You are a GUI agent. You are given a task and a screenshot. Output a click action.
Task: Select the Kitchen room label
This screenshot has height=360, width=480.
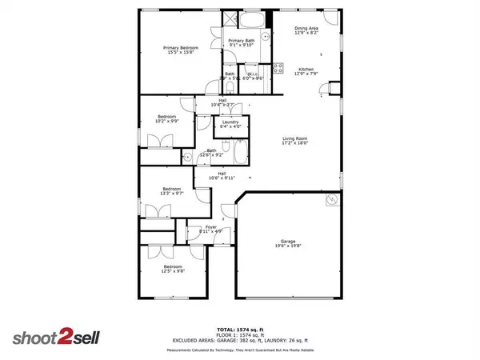pos(306,72)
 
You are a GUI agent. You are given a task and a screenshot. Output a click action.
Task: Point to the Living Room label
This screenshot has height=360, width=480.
pos(294,141)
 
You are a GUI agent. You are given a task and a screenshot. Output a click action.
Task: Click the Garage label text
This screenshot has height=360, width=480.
pos(287,242)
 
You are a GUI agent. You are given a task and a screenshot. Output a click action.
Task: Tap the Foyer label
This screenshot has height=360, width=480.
pos(210,230)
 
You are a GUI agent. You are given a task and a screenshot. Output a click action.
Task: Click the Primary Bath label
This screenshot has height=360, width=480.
pos(240,42)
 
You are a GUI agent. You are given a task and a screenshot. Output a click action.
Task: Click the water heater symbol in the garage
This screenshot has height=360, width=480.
pos(330,203)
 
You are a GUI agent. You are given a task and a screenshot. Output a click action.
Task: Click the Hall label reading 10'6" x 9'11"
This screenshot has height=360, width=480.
pos(219,175)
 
